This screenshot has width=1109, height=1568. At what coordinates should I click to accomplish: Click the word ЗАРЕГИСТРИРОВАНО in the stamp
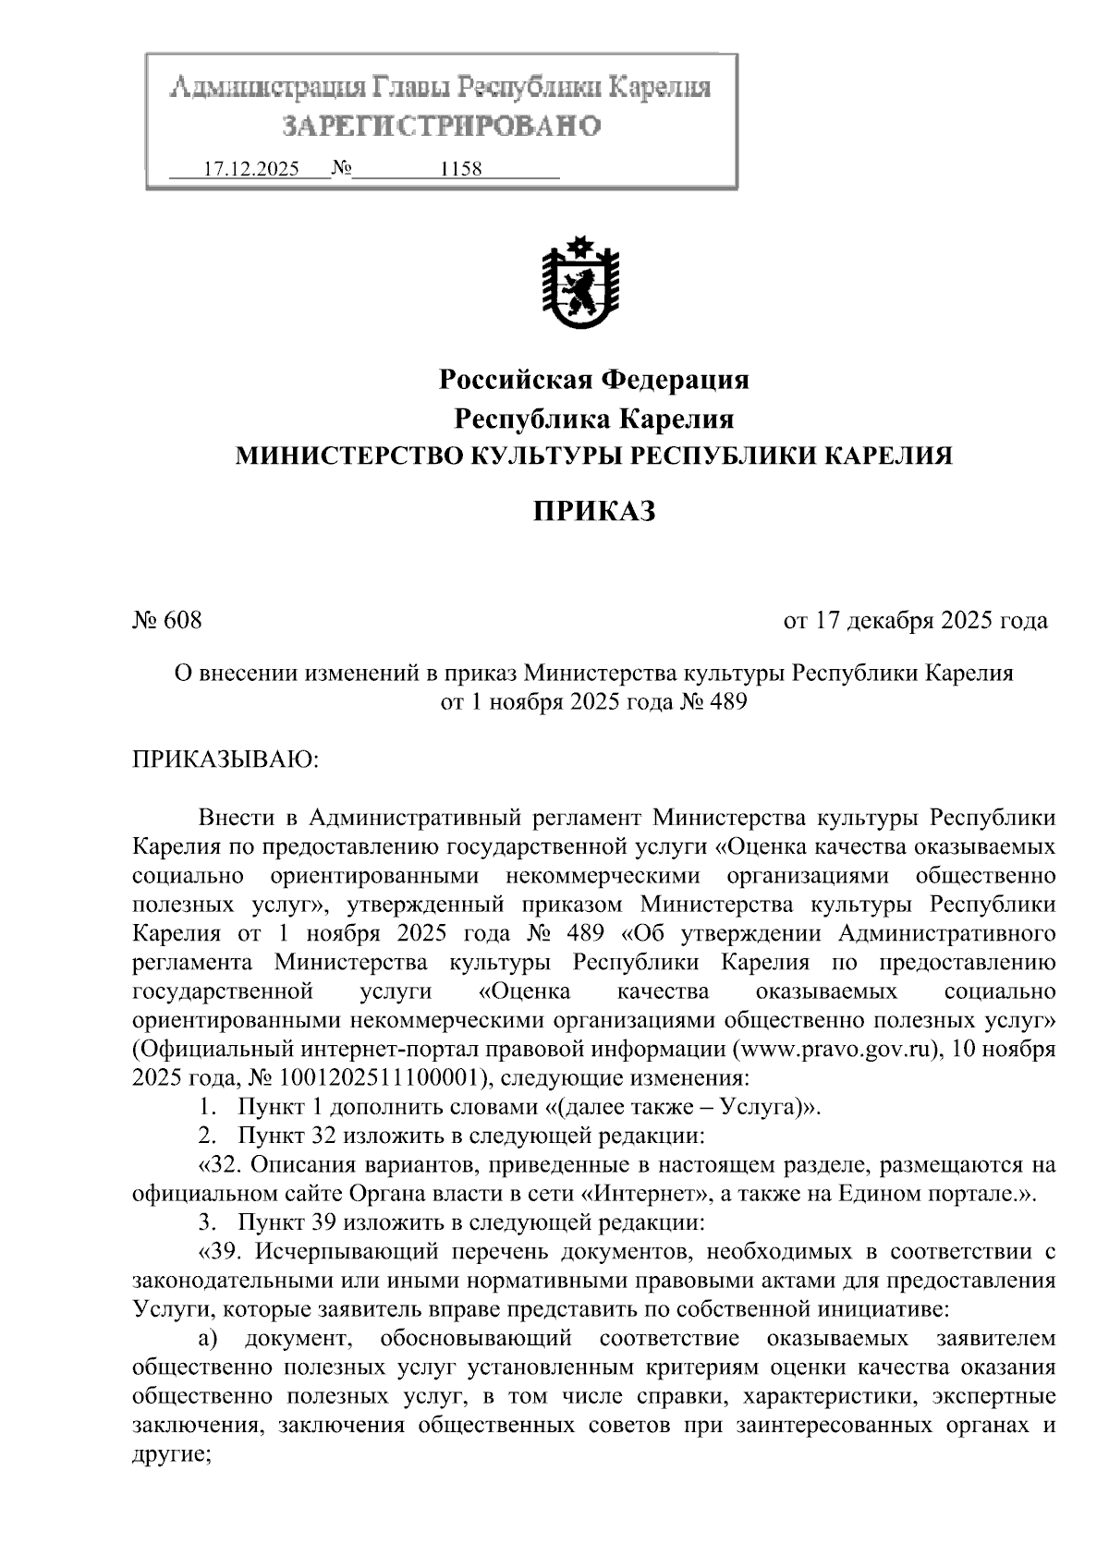441,126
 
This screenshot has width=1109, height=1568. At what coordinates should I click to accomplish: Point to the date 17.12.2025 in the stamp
250,170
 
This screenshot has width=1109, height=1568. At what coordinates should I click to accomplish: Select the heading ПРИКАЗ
593,510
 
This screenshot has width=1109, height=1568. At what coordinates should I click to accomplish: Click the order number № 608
168,620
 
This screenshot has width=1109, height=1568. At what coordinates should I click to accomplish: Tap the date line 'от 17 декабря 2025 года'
915,620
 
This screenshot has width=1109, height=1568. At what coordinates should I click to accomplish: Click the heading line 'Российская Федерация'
593,379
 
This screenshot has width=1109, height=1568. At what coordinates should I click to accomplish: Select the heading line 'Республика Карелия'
593,419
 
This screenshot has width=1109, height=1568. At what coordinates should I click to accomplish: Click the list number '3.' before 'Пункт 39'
207,1223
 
